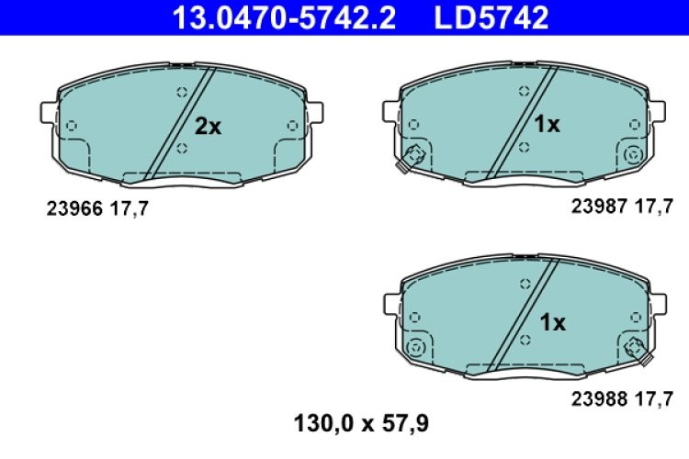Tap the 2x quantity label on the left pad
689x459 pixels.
[x=208, y=127]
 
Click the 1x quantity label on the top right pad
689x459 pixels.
[x=548, y=124]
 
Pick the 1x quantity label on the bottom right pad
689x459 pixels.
[x=552, y=322]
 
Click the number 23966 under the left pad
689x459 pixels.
[x=74, y=208]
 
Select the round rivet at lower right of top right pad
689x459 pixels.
[x=633, y=154]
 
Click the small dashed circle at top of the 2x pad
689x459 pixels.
[x=181, y=91]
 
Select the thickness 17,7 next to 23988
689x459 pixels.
[x=655, y=398]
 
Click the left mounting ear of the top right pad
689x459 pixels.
[x=390, y=111]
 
